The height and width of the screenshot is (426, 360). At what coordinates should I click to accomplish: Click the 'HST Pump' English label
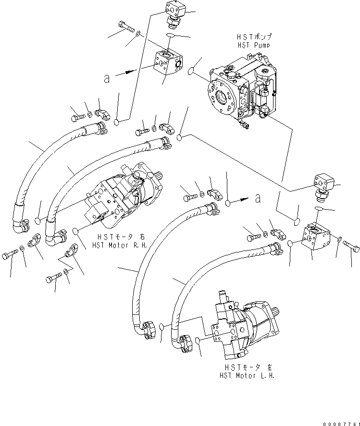(x=253, y=45)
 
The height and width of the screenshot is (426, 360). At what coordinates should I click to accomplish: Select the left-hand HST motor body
(x=243, y=327)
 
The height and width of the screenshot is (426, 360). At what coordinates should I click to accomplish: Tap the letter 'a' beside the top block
(x=107, y=78)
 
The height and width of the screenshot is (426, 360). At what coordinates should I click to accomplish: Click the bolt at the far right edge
(x=352, y=247)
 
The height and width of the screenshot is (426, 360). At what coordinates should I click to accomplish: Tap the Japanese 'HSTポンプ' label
(x=254, y=37)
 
